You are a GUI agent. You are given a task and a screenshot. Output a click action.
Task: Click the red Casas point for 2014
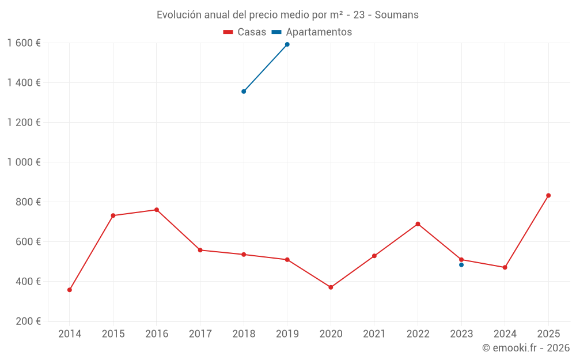(x=70, y=290)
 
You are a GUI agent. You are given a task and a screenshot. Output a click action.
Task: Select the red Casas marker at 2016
(x=157, y=210)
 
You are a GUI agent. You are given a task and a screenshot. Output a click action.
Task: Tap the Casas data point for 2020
(x=331, y=287)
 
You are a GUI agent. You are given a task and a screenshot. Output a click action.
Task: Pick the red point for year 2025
(x=548, y=195)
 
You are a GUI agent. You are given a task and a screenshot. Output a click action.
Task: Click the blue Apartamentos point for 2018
(x=244, y=91)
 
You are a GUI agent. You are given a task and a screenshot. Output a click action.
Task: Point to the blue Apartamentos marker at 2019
(x=287, y=44)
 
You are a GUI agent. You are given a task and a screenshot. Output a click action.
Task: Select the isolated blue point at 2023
(x=461, y=265)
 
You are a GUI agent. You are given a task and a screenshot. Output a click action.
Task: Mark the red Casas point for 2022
(x=418, y=224)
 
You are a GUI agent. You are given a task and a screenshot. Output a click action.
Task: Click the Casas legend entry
(x=245, y=32)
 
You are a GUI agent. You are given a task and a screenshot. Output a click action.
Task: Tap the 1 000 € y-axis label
(x=24, y=162)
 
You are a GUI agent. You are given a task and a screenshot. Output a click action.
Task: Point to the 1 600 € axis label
(x=24, y=43)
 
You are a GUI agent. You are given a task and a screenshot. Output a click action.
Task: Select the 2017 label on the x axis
(x=200, y=334)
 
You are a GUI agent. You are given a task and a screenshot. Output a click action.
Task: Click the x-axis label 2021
(x=374, y=334)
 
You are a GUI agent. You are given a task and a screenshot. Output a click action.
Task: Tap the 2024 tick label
(x=505, y=334)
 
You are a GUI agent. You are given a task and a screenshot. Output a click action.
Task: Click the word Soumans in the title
(x=397, y=15)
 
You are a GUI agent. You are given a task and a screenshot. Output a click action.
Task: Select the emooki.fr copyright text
(x=526, y=348)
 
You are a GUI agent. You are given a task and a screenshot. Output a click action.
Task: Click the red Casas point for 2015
(x=113, y=215)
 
